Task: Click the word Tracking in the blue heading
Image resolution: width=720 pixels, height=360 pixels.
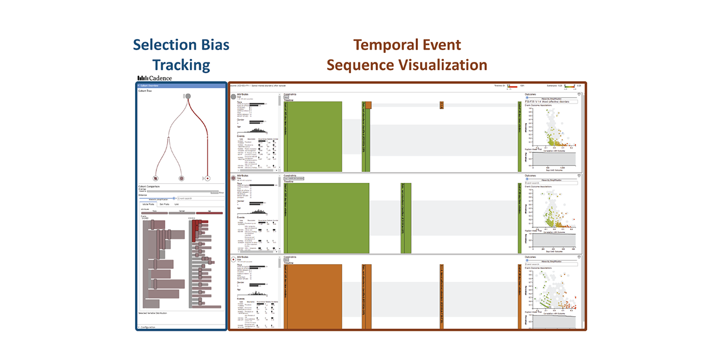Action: [181, 65]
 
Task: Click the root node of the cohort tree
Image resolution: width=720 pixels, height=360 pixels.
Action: [188, 97]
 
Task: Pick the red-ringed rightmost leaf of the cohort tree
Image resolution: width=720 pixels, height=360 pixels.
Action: [207, 178]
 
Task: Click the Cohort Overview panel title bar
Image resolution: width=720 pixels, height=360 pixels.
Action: [181, 85]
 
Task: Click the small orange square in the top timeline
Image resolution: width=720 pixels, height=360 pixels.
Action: [442, 105]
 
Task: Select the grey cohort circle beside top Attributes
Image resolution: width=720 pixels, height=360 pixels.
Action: [233, 97]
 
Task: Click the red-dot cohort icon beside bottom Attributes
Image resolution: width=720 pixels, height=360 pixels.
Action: [233, 260]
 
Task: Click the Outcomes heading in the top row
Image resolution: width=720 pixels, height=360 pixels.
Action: [530, 94]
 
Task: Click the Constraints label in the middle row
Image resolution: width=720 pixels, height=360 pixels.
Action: [291, 175]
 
